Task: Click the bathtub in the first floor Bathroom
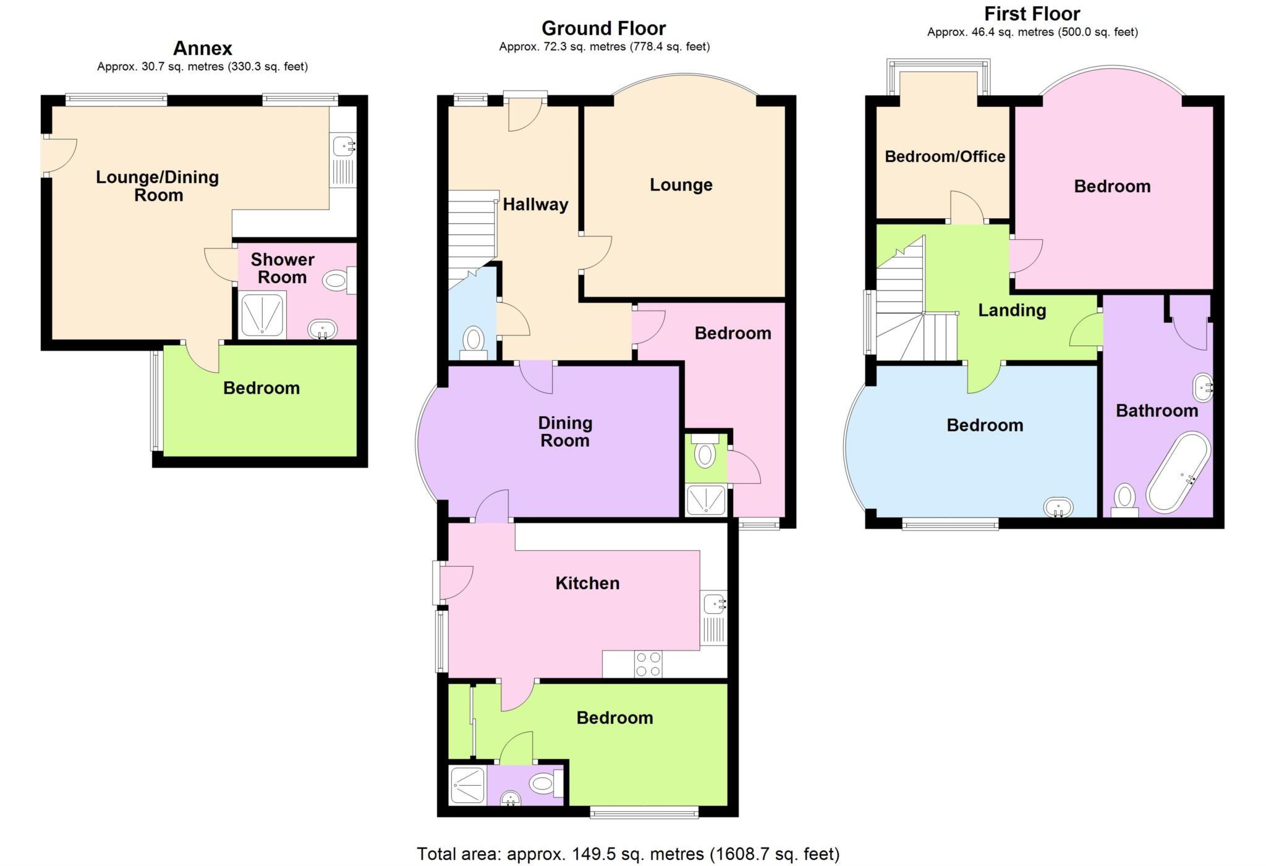pos(1178,473)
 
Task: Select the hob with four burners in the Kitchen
pos(648,664)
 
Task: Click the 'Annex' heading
pos(202,48)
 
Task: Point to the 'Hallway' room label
pos(535,205)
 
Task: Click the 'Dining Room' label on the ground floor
pos(565,431)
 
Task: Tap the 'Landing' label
pos(1011,310)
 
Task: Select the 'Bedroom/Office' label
pos(945,156)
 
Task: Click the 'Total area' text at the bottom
pos(628,854)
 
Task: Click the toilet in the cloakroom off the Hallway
pos(474,339)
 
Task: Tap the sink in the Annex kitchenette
pos(343,146)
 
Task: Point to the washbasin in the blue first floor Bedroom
pos(1059,507)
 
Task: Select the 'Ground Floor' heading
pos(603,28)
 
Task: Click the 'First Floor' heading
pos(1032,14)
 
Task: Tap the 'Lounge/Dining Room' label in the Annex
pos(158,186)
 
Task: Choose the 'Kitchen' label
pos(587,583)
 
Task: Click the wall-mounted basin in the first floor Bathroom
pos(1202,387)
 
